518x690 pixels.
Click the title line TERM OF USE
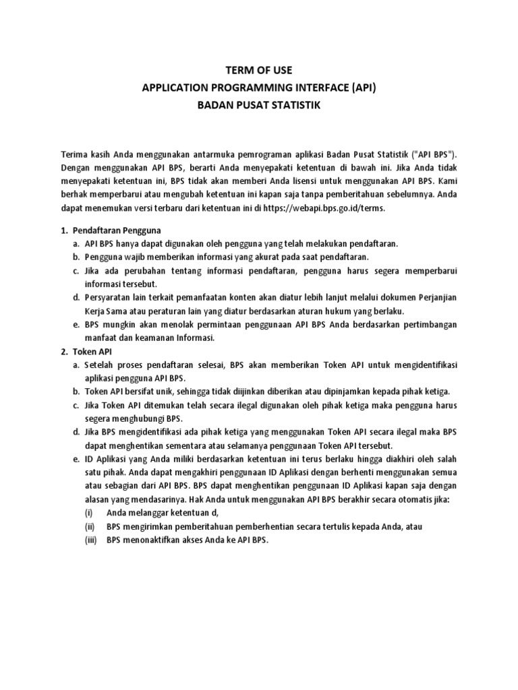[259, 70]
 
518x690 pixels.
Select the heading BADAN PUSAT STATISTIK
[259, 106]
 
